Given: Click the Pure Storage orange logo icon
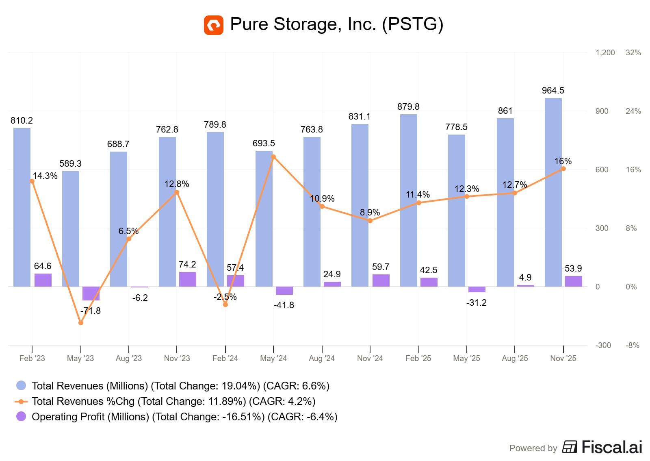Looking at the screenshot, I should point(213,25).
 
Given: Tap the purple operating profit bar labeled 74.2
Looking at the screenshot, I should point(187,279).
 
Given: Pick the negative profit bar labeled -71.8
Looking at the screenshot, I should point(91,294).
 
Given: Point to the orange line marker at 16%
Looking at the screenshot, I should point(563,169).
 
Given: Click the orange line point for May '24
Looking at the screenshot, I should point(273,157).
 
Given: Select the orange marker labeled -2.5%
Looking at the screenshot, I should point(225,304).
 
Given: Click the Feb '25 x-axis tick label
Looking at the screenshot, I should point(418,358).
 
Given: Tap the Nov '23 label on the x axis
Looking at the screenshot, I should point(177,358).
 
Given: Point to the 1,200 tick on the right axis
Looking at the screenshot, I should point(605,52).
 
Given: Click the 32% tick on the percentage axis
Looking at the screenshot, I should point(633,52).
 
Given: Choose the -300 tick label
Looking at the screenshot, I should point(603,345).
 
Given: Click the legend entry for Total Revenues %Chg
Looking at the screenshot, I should point(173,401).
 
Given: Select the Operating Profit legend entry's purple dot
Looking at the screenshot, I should point(21,416).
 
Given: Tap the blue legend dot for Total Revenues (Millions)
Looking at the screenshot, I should point(21,385).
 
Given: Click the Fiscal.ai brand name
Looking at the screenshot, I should point(611,447).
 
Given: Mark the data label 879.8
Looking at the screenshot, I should point(408,107).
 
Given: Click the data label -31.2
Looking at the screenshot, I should point(476,302).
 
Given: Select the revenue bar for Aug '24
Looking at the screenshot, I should point(312,211).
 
